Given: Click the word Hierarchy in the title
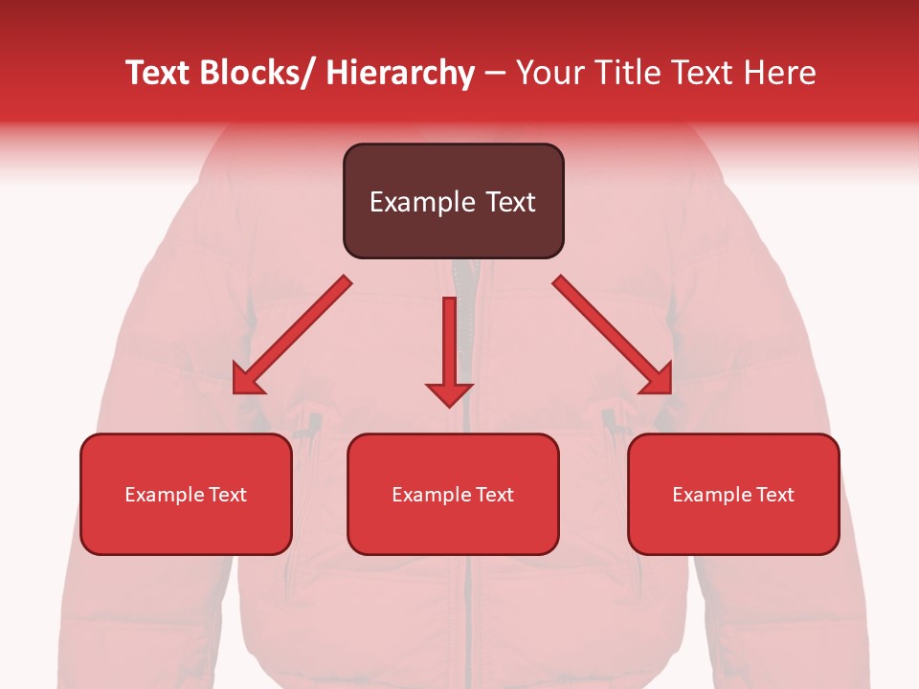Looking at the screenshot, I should (400, 73).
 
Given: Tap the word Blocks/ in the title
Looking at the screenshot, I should (257, 73).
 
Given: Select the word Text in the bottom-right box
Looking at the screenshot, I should (775, 495).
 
